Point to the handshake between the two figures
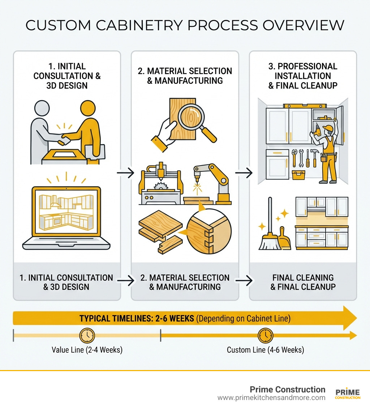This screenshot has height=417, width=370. (x=65, y=138)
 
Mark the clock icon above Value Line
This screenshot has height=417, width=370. (x=87, y=336)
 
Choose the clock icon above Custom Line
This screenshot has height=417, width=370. (x=265, y=336)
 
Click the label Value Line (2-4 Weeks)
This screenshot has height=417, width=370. (x=87, y=350)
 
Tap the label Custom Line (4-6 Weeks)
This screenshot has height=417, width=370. (x=265, y=350)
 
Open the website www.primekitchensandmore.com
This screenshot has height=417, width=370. (x=271, y=398)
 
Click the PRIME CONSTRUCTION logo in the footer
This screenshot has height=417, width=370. (x=348, y=394)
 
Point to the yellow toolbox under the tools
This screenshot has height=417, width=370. (x=298, y=175)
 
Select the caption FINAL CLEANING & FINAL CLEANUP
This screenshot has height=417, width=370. (x=303, y=282)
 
